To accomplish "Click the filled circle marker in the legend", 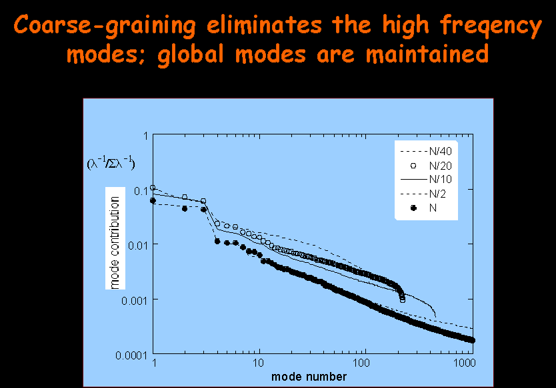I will click(x=413, y=208).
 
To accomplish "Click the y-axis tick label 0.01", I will click(x=137, y=245).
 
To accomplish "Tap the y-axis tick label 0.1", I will click(x=139, y=191).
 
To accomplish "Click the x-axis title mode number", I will click(x=309, y=377).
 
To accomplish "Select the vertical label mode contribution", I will click(x=115, y=242).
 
